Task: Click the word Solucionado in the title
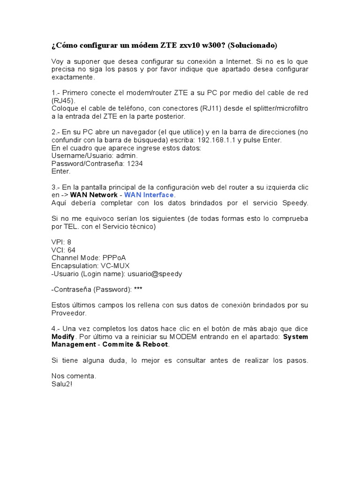255,45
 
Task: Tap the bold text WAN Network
94,195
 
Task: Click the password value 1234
135,164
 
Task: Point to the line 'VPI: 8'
61,242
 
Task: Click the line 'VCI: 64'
63,250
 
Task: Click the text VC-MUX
115,266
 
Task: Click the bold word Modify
63,337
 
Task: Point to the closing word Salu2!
62,384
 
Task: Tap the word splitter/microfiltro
274,108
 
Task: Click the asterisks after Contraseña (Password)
138,290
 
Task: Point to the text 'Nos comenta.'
74,376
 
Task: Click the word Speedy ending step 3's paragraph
295,203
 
